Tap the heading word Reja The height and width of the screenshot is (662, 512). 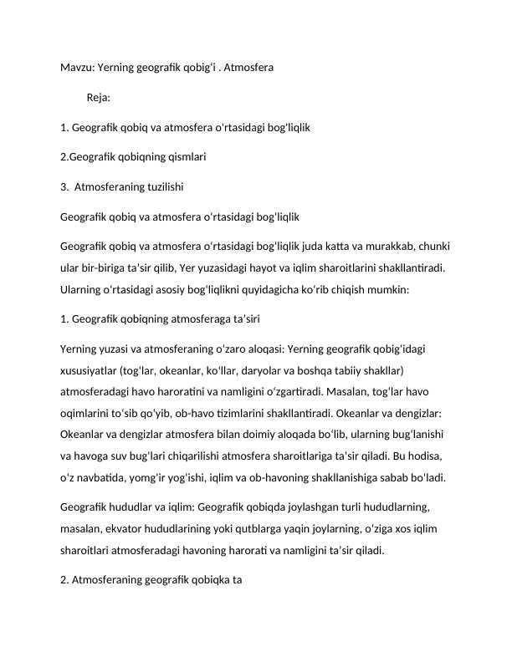[99, 98]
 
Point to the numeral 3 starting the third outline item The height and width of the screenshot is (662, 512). [64, 185]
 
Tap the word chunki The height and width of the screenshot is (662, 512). [433, 247]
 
